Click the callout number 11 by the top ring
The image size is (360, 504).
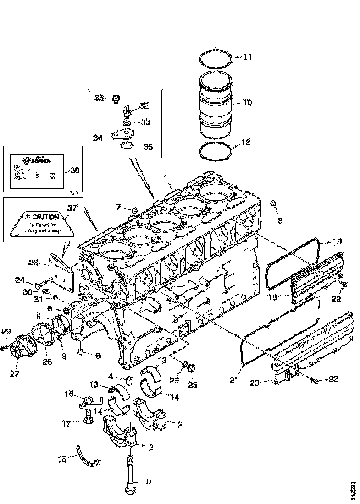247,57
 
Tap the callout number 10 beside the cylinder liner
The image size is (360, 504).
247,102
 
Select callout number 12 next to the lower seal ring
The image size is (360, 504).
246,142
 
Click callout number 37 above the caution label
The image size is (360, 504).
72,208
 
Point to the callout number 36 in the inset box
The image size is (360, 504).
100,98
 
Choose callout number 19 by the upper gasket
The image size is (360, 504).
337,241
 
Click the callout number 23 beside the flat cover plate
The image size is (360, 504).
33,263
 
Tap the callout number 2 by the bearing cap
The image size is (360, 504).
179,425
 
